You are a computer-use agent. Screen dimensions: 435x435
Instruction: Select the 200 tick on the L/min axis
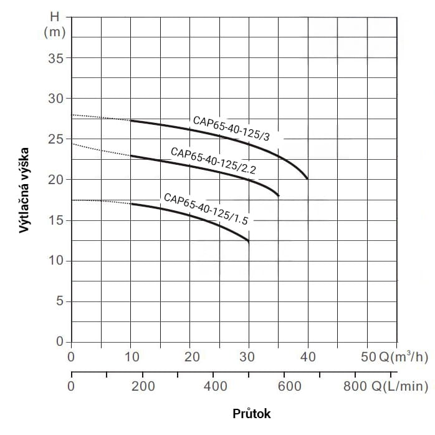(x=143, y=386)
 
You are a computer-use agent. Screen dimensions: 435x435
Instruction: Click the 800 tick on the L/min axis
(x=356, y=386)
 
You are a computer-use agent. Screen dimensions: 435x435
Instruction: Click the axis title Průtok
(x=252, y=414)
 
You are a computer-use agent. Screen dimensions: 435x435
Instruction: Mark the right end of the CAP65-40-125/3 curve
(x=308, y=178)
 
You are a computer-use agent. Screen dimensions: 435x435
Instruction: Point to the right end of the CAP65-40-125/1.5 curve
(x=249, y=241)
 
